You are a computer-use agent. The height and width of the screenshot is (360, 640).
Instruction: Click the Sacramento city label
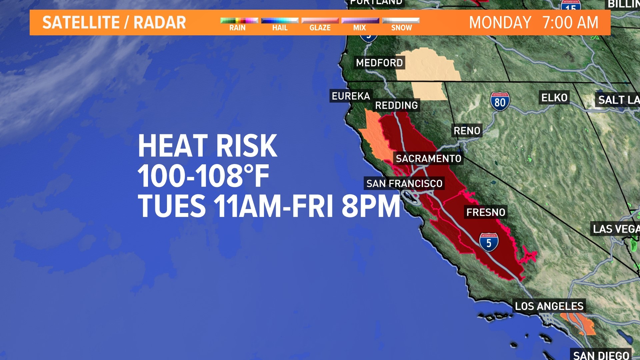click(428, 159)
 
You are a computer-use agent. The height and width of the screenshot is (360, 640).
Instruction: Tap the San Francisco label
click(404, 184)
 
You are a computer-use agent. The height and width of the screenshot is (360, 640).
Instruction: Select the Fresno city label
click(486, 212)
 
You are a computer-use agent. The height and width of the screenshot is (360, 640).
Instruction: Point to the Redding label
click(396, 106)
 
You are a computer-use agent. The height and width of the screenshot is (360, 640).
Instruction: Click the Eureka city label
click(351, 96)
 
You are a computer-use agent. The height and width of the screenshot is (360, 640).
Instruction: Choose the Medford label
click(379, 63)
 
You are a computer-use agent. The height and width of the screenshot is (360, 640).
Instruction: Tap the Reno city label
click(467, 131)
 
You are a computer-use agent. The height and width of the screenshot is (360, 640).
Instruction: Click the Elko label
click(554, 98)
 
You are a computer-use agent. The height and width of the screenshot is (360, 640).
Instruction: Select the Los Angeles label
click(549, 306)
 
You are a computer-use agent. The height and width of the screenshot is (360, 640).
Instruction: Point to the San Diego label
click(601, 355)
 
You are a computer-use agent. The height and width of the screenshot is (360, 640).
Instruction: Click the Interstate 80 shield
click(500, 102)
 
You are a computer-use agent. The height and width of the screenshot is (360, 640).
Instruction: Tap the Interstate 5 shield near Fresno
click(489, 242)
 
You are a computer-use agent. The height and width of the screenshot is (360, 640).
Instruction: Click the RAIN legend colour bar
click(239, 21)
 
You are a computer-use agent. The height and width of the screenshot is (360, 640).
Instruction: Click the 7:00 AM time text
click(570, 23)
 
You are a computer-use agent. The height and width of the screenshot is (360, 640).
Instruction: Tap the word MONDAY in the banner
click(500, 23)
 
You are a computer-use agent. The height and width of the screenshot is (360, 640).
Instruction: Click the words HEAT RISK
click(207, 146)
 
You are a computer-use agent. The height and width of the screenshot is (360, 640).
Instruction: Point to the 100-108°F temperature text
click(203, 176)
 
